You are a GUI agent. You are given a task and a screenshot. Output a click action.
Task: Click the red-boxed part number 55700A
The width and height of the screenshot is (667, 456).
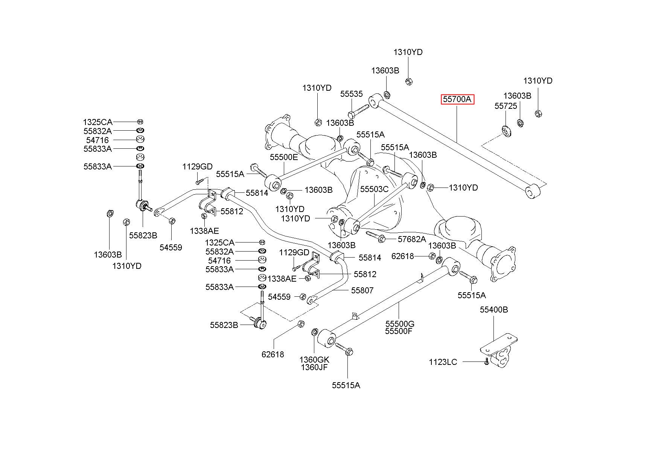click(x=457, y=99)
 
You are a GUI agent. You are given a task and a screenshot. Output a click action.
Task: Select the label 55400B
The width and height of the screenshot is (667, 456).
click(x=493, y=310)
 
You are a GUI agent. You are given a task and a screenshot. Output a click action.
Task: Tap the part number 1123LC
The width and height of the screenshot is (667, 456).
click(x=443, y=362)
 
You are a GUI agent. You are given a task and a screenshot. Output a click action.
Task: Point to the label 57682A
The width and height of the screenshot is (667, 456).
click(x=412, y=239)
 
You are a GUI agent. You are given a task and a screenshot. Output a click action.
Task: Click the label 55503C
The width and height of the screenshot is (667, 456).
click(x=374, y=189)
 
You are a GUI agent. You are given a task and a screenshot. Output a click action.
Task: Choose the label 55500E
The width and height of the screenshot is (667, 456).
click(x=283, y=157)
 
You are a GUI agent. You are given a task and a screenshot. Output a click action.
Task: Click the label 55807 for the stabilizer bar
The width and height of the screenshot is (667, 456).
click(x=362, y=290)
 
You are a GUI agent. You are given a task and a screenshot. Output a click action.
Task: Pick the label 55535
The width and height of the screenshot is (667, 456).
click(x=352, y=94)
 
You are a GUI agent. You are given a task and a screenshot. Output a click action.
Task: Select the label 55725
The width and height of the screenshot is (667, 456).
click(x=506, y=106)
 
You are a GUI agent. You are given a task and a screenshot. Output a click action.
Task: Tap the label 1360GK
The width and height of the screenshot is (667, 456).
click(x=314, y=360)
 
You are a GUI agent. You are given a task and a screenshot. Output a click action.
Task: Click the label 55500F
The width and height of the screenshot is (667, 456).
click(x=399, y=331)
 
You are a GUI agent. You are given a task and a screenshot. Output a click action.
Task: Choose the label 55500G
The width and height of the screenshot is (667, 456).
click(x=399, y=324)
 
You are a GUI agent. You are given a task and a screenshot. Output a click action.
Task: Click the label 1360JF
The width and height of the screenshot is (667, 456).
click(x=314, y=367)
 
